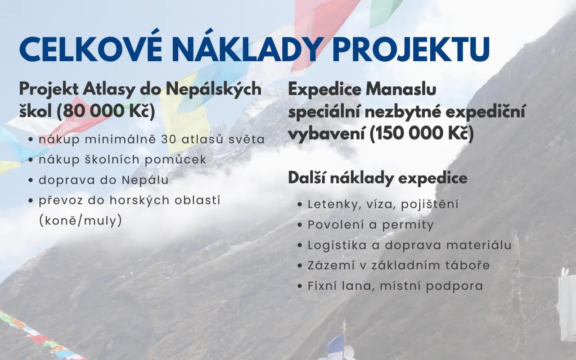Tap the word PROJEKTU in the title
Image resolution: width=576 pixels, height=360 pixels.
[x=411, y=49]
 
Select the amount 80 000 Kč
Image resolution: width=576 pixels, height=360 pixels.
[x=106, y=111]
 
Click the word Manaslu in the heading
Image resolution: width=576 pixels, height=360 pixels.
[x=401, y=89]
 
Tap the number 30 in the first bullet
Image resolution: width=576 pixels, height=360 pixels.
[x=169, y=139]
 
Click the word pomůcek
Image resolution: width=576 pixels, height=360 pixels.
[x=175, y=160]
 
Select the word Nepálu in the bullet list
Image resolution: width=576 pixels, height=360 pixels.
[x=145, y=180]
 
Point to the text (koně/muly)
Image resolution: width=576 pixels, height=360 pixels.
[x=81, y=220]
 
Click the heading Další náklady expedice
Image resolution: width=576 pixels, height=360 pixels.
[x=378, y=178]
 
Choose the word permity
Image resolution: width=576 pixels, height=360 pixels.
[x=408, y=225]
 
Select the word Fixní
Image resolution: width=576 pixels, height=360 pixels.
[x=323, y=286]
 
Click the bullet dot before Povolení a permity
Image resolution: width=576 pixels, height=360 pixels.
[x=300, y=225]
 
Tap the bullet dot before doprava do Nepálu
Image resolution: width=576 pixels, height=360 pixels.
[x=31, y=180]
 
